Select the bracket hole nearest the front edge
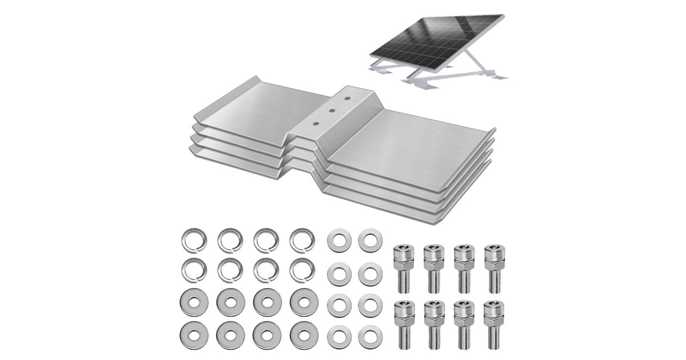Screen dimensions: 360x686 coord(315,123)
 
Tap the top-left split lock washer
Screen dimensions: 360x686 coord(194,241)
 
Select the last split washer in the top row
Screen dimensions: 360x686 coord(302,241)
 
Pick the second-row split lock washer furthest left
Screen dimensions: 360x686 coord(194,270)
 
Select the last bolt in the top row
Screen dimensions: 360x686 coord(494,268)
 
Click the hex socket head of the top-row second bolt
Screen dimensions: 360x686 coord(434,252)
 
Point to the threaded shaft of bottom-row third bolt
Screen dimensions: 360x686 coord(464,334)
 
